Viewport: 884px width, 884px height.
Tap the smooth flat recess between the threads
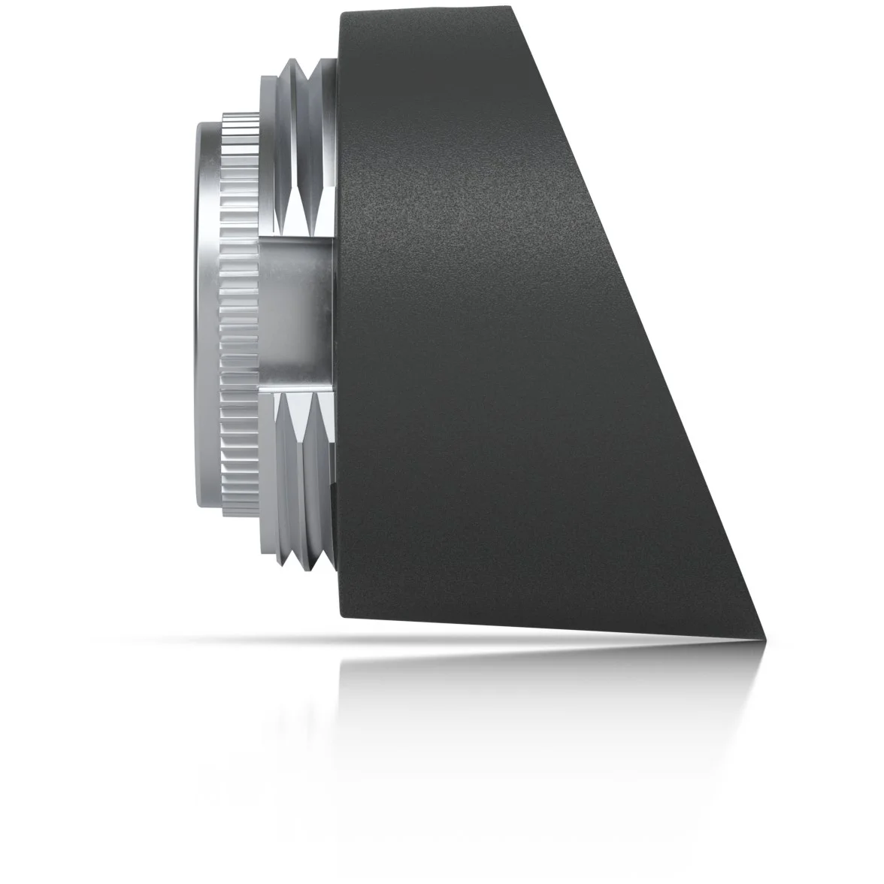coord(297,313)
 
